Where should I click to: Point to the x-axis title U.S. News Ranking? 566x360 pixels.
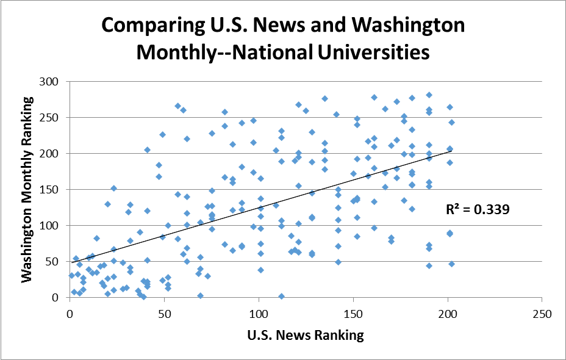pos(305,335)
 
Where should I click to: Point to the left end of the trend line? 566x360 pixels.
pos(71,262)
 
